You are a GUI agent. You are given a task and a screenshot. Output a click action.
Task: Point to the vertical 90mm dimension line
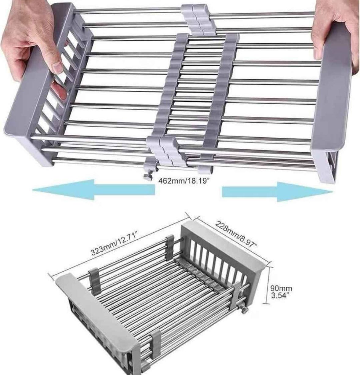267,286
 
